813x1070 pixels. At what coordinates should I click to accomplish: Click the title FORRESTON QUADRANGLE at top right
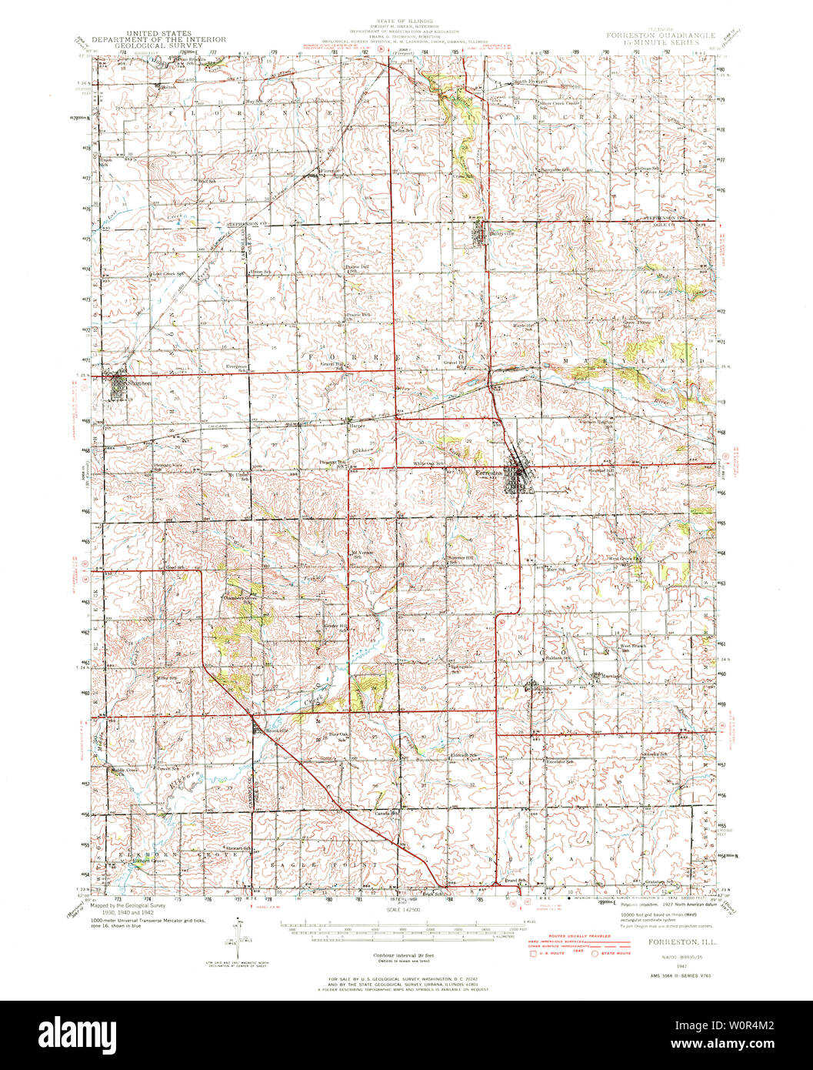click(660, 35)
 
